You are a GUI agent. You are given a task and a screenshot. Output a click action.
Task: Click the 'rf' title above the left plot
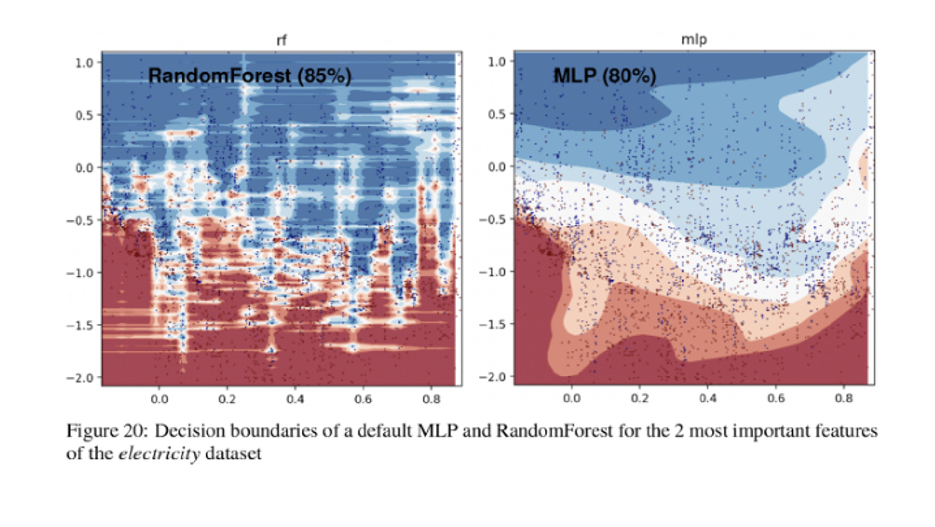tap(281, 40)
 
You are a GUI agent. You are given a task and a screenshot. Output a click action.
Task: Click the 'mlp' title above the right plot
tap(694, 39)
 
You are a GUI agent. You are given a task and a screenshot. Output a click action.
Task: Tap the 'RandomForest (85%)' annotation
tap(249, 75)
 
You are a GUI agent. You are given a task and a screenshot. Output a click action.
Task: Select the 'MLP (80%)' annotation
tap(604, 75)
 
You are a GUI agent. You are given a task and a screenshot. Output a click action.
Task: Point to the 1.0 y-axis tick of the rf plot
tap(84, 63)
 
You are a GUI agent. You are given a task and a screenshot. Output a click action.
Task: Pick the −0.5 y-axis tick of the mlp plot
tap(493, 219)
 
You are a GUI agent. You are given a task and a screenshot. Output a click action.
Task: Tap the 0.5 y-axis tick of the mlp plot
tap(496, 114)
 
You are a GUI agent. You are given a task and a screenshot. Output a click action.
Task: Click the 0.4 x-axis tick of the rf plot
tap(295, 399)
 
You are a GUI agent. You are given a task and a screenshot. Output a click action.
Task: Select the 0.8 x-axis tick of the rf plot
tap(431, 399)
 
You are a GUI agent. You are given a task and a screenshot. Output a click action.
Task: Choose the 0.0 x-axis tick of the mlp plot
tap(571, 398)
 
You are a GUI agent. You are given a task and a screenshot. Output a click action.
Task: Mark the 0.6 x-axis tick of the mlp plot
tap(776, 398)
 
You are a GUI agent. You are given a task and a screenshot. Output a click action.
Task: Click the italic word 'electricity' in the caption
tap(159, 453)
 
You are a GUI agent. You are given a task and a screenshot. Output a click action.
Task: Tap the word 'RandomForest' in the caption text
tap(554, 431)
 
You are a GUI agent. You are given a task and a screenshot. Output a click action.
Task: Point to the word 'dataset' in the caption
tap(233, 453)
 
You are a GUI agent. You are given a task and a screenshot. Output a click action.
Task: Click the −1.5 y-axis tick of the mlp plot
tap(493, 324)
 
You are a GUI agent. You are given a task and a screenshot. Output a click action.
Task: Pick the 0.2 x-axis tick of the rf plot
tap(227, 399)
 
